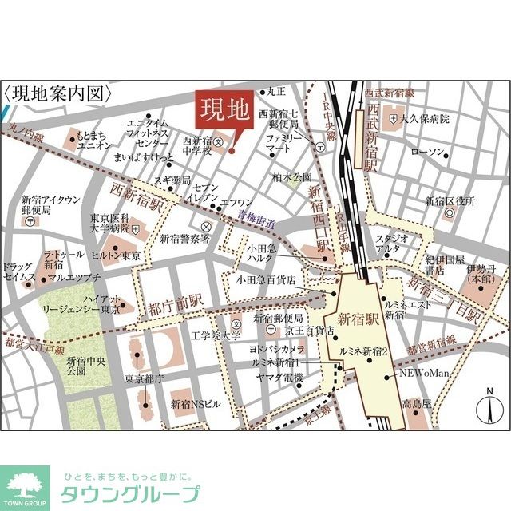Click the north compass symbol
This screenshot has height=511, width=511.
[x=486, y=408]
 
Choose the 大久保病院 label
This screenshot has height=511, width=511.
[x=425, y=119]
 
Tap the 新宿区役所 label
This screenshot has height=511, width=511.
[x=450, y=200]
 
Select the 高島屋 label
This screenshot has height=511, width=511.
[x=416, y=404]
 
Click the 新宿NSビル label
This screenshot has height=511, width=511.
[x=195, y=404]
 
